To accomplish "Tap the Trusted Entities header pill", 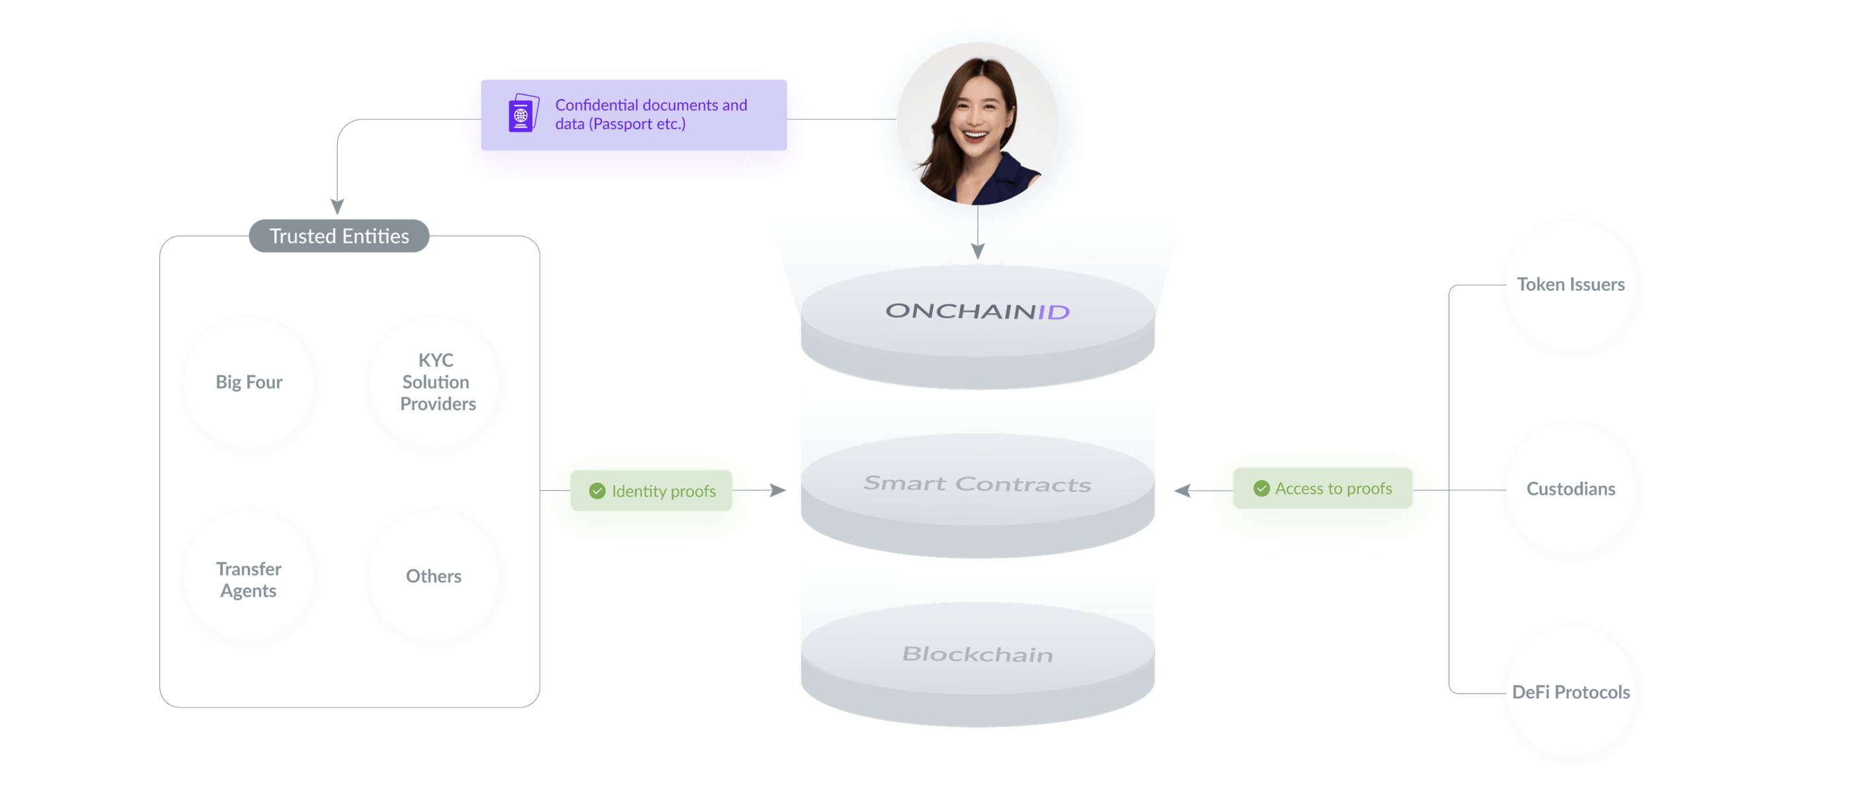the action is [x=339, y=236].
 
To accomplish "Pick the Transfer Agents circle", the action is [x=249, y=577].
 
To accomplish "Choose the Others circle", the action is [x=434, y=577].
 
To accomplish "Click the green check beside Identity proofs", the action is [x=598, y=492].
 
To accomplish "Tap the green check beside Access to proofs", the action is [x=1261, y=488].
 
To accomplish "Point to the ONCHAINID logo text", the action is [x=978, y=311].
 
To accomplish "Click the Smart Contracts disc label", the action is [x=978, y=484].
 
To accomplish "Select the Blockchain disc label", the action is [x=978, y=654].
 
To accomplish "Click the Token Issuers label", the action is [x=1571, y=285].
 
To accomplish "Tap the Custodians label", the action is [x=1571, y=489].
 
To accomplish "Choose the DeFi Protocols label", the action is [x=1571, y=693].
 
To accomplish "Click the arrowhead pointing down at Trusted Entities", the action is [x=337, y=207].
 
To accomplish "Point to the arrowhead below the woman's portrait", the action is [x=978, y=251].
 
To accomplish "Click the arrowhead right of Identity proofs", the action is [x=778, y=491].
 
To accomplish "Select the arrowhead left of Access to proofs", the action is [x=1183, y=491].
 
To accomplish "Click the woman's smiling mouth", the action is [x=974, y=134].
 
